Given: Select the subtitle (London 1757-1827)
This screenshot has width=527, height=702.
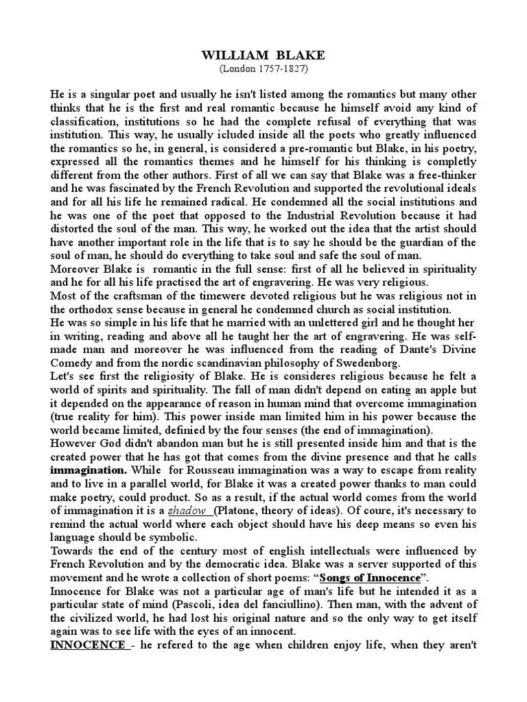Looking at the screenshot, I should [264, 69].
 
